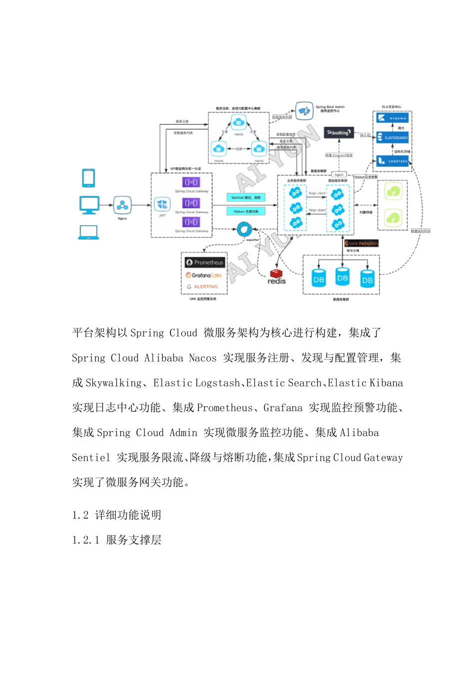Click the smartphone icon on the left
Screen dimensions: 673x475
point(88,178)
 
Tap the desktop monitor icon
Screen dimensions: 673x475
point(89,205)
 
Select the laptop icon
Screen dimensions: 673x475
point(88,232)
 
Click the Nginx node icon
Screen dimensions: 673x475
point(122,205)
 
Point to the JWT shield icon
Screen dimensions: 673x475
point(162,204)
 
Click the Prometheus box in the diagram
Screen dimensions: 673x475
point(204,262)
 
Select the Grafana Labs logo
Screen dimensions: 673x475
point(203,275)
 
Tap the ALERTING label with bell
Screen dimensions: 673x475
point(202,287)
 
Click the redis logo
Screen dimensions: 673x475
point(276,276)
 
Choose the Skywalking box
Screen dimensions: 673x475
point(339,133)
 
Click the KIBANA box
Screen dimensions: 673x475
point(393,118)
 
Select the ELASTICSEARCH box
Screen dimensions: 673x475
point(393,138)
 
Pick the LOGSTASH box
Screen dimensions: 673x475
point(393,161)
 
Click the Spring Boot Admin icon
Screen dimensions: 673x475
point(304,111)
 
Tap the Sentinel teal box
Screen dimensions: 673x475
point(245,198)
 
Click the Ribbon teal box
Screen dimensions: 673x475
point(245,211)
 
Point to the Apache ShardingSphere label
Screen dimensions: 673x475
point(361,243)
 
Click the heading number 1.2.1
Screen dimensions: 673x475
point(85,540)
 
